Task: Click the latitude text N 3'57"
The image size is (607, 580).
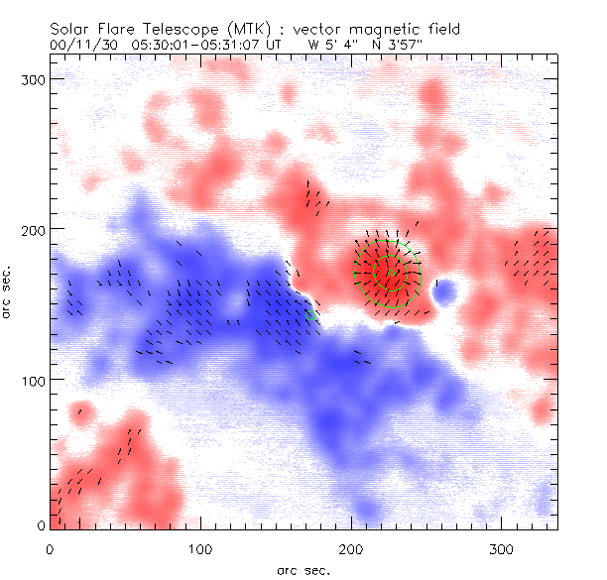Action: (398, 45)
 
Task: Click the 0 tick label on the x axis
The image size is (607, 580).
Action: (50, 547)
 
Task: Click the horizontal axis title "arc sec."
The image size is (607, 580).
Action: (303, 569)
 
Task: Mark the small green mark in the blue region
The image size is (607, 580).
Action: (310, 315)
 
